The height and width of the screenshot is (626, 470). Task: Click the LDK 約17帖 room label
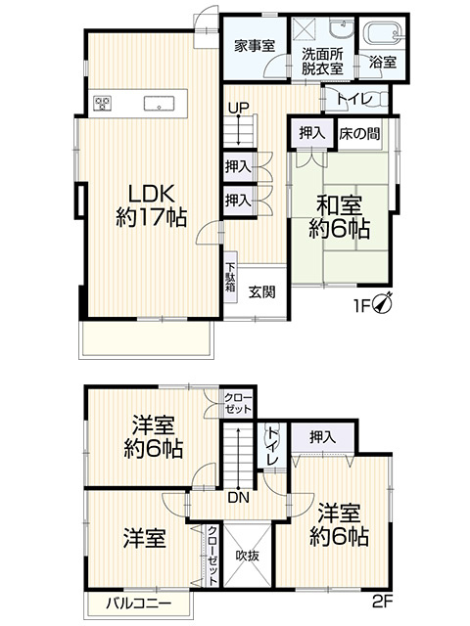pyautogui.click(x=152, y=202)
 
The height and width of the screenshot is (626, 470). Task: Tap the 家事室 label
pyautogui.click(x=254, y=45)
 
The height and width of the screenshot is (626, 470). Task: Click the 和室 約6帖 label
pyautogui.click(x=339, y=217)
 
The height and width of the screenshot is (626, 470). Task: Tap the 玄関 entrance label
pyautogui.click(x=260, y=291)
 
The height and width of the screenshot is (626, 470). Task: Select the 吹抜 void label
pyautogui.click(x=245, y=555)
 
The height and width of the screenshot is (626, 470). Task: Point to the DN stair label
pyautogui.click(x=238, y=496)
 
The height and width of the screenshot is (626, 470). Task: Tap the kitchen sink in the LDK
pyautogui.click(x=158, y=103)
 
